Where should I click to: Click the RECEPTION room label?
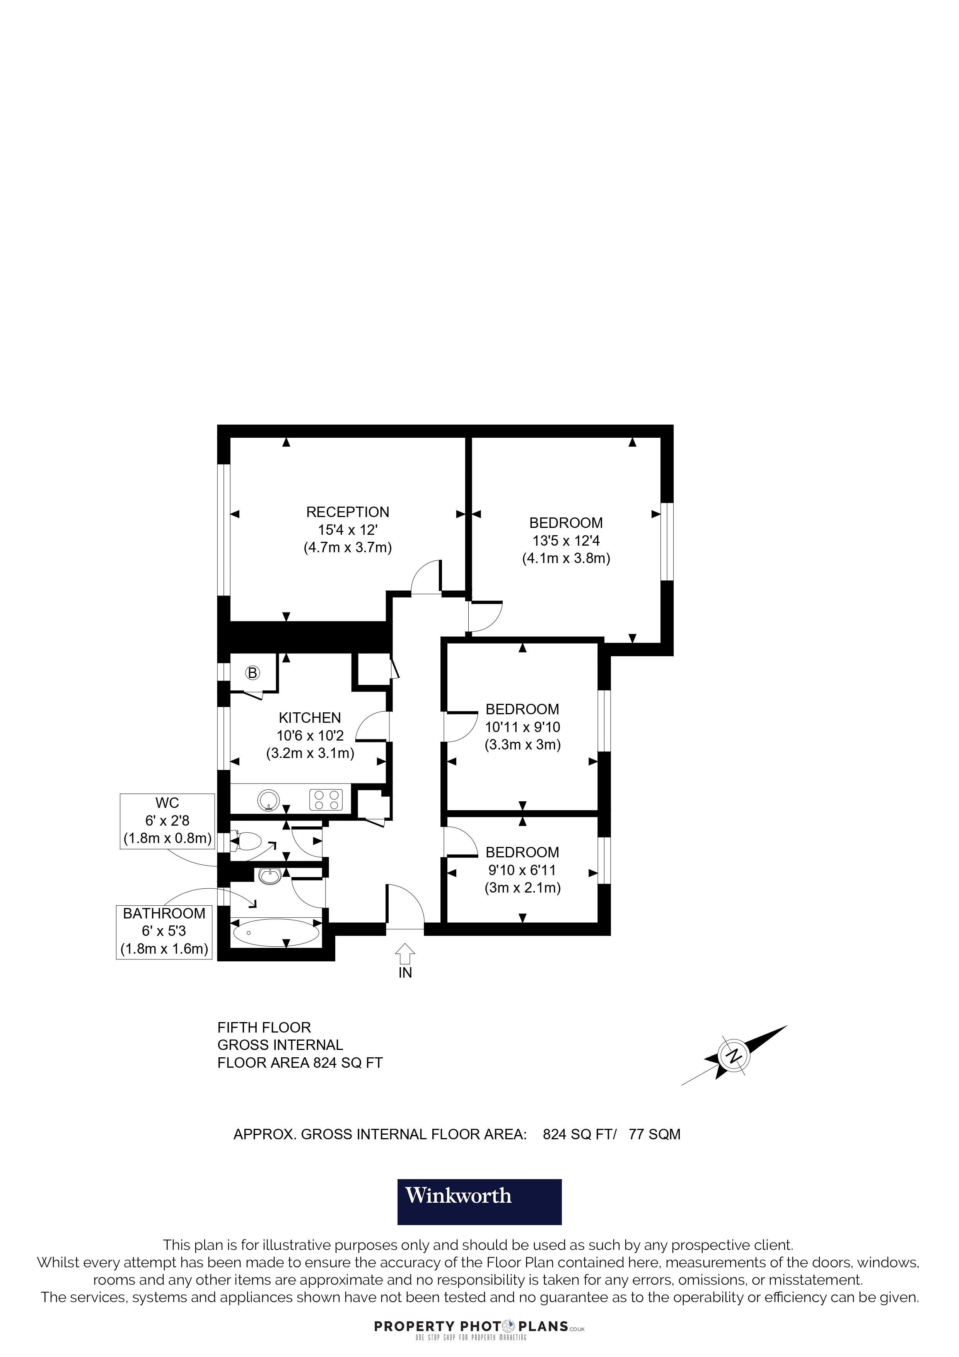click(x=347, y=512)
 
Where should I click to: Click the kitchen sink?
click(x=269, y=800)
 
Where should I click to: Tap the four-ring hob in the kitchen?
click(x=326, y=800)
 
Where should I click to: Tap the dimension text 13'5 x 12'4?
click(x=566, y=540)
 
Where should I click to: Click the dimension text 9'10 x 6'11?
click(x=522, y=870)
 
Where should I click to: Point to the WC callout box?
click(x=167, y=821)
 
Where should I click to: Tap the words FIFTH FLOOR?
click(x=264, y=1027)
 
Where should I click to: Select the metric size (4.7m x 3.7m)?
click(x=347, y=547)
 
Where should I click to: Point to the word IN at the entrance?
click(x=405, y=973)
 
